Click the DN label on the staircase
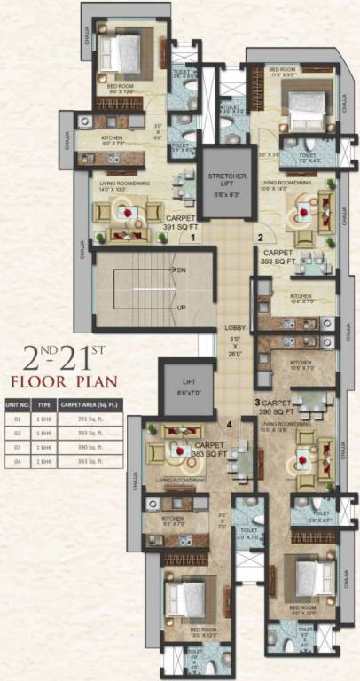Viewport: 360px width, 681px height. (x=181, y=269)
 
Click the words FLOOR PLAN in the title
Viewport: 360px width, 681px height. (x=63, y=383)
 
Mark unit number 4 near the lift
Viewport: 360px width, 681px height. (x=230, y=424)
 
